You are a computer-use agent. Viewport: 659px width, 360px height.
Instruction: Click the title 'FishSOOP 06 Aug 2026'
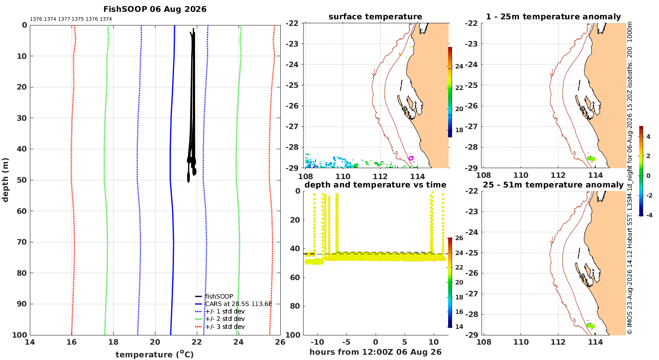[x=155, y=9]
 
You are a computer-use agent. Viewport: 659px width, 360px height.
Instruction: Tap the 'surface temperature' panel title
[x=375, y=17]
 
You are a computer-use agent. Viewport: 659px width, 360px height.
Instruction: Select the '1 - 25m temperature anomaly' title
[x=554, y=17]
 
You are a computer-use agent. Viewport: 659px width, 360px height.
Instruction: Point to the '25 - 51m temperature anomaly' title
[x=553, y=185]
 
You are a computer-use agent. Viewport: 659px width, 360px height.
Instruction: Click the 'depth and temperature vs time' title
[x=375, y=185]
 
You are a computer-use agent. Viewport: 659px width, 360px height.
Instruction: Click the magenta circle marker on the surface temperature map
[x=411, y=158]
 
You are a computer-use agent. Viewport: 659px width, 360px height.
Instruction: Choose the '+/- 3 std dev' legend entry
[x=220, y=327]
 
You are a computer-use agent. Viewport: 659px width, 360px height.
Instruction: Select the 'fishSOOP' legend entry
[x=214, y=296]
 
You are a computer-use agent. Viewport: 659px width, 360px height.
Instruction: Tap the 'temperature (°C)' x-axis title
[x=155, y=354]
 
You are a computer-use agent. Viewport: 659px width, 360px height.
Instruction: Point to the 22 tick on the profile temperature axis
[x=197, y=342]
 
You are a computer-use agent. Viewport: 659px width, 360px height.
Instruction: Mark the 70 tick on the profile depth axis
[x=22, y=242]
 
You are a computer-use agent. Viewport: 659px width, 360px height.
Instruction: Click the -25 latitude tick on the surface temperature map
[x=292, y=85]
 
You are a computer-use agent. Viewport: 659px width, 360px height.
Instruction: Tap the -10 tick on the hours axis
[x=317, y=342]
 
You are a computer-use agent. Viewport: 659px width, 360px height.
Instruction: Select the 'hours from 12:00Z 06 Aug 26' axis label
[x=375, y=352]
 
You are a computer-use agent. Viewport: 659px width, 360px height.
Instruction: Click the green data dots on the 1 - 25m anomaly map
[x=591, y=158]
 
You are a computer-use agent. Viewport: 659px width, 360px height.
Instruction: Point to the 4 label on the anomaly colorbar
[x=648, y=137]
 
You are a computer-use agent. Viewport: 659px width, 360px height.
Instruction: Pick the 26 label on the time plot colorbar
[x=459, y=238]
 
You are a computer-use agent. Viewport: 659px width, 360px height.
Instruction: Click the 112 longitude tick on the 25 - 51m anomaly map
[x=558, y=342]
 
